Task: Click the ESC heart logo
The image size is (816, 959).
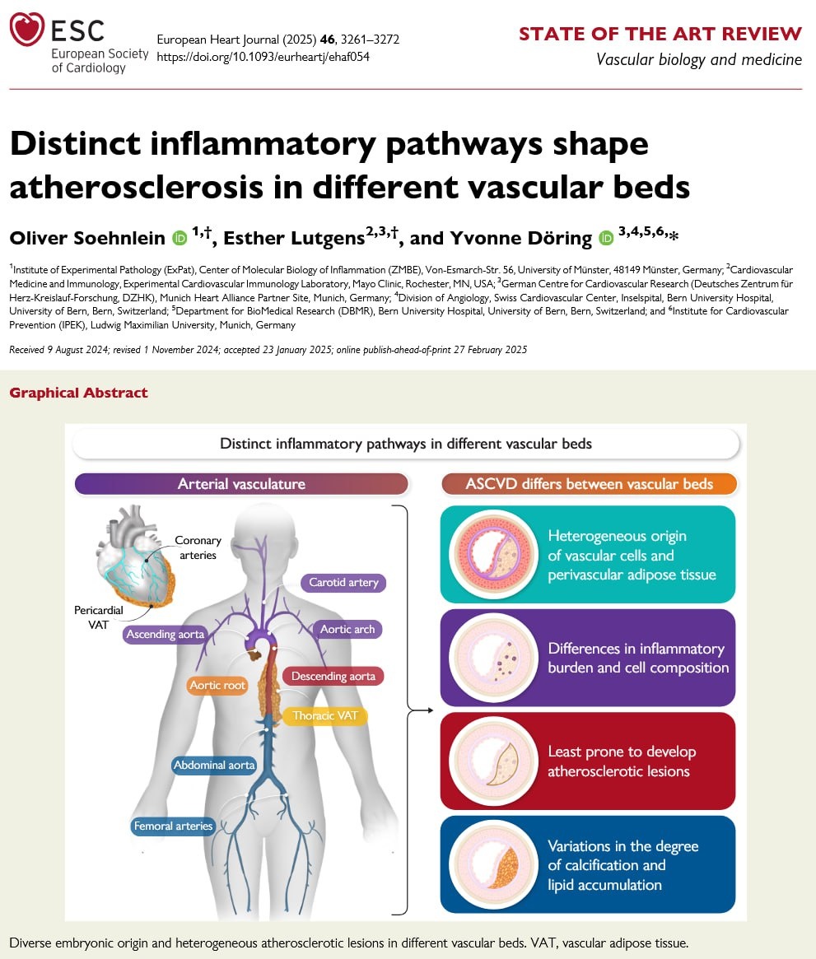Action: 27,29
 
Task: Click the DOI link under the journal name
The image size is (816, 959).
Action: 263,57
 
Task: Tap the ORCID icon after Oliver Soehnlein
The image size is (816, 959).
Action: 180,238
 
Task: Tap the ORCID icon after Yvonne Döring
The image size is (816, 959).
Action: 605,238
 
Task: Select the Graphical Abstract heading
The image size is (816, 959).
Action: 78,393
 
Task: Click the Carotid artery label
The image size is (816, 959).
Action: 343,582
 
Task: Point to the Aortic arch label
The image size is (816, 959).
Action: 347,630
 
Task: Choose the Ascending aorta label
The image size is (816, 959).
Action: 166,634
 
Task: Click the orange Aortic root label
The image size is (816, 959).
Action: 217,685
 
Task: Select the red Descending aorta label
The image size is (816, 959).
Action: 333,676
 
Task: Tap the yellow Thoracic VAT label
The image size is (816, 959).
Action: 324,715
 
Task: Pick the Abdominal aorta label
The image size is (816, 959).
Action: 214,765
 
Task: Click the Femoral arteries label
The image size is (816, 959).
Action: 173,826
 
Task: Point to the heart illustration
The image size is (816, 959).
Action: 134,557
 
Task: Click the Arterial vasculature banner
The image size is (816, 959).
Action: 241,484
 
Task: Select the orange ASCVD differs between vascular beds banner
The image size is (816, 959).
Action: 589,484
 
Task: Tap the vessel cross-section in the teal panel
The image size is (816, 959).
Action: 493,554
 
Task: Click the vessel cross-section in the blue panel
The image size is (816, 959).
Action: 493,865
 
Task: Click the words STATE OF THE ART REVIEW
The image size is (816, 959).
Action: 660,34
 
